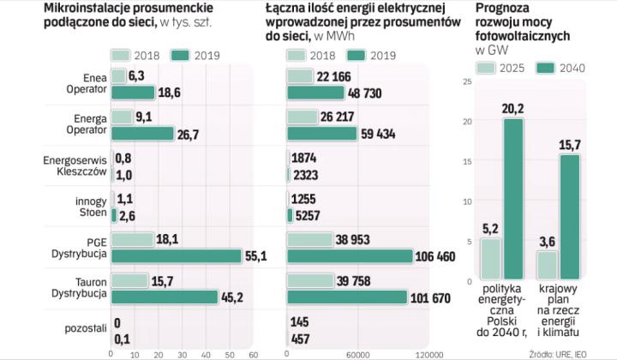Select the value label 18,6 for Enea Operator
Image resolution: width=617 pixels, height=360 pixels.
pos(171,93)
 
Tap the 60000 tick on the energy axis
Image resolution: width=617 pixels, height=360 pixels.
pos(356,353)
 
